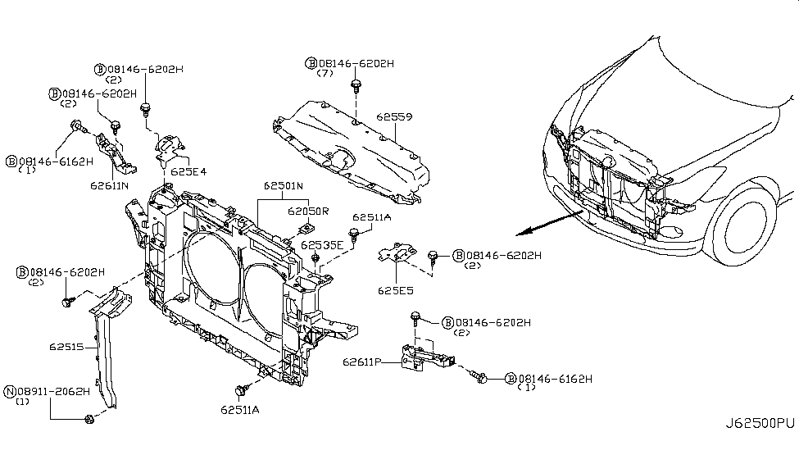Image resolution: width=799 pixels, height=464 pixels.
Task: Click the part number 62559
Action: tap(394, 117)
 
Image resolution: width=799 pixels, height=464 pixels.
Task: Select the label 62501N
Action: tap(284, 186)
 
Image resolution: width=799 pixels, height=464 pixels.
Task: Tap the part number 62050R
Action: tap(307, 211)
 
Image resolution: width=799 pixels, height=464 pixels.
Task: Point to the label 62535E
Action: tap(322, 244)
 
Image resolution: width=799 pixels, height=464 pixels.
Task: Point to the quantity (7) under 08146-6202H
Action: tap(326, 74)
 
